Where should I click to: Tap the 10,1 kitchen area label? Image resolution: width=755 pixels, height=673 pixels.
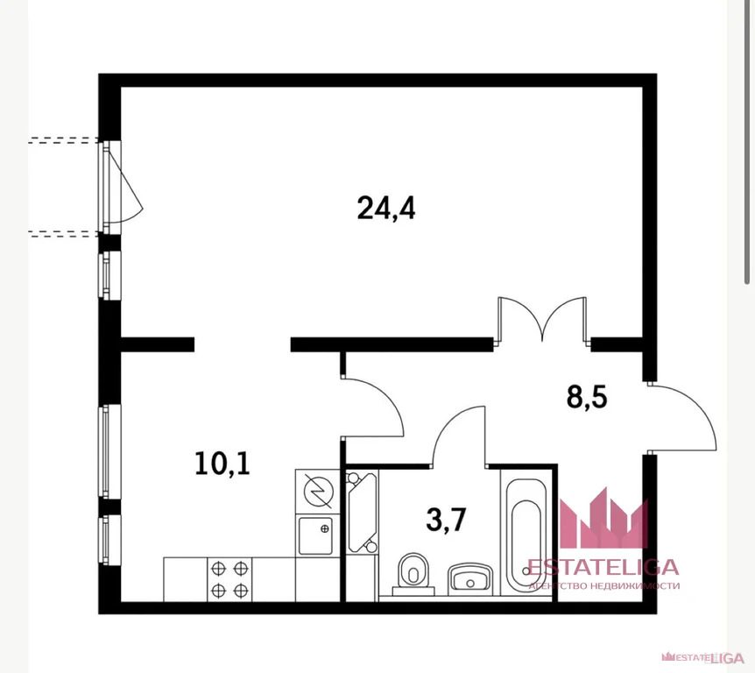pos(222,464)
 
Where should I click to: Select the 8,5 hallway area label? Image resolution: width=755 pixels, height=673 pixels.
pos(587,398)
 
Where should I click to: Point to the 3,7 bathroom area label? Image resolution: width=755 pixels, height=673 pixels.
pos(446,521)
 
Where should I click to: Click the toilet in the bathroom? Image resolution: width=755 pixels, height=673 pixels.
pos(413,574)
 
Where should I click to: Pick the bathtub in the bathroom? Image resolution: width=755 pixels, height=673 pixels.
pos(526,532)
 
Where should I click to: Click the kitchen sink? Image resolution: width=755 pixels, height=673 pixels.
pos(315,535)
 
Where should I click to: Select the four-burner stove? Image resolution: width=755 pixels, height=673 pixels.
pos(229,579)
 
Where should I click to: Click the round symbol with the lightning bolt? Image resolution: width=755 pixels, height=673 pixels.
pos(318,491)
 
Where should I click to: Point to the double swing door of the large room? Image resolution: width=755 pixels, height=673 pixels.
pos(543,319)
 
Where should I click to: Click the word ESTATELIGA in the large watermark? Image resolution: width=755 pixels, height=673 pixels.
pos(603,567)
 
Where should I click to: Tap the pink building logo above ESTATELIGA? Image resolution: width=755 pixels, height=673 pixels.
pos(603,519)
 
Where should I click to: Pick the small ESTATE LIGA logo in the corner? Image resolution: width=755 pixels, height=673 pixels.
pos(703,657)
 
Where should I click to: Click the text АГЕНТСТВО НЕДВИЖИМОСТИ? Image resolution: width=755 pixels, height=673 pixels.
pos(604,585)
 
